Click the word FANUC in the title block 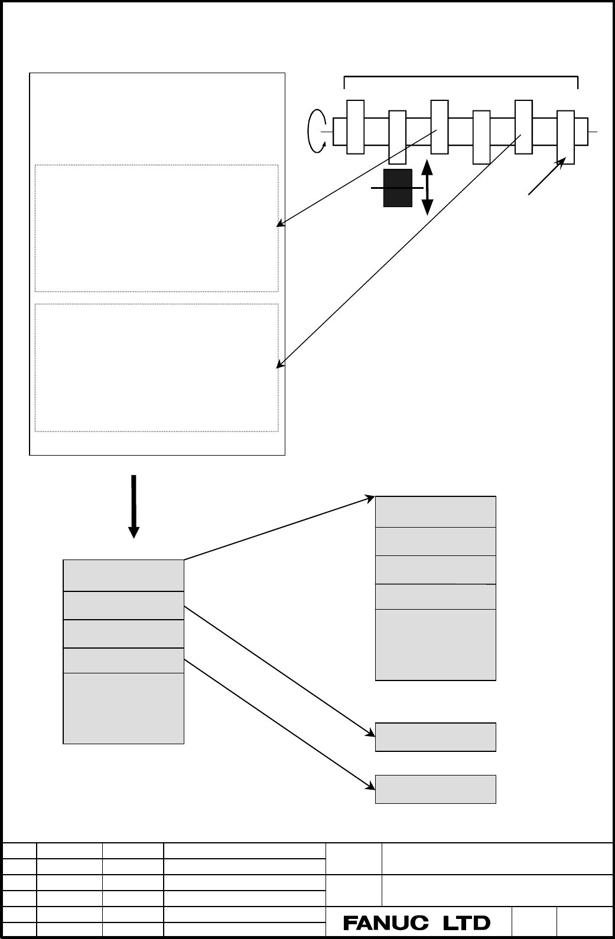point(386,923)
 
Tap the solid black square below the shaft point(398,188)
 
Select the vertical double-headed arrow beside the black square point(427,187)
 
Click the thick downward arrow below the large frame point(134,506)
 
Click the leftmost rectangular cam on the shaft point(355,127)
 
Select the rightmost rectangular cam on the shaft point(565,138)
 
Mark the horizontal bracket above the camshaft point(461,77)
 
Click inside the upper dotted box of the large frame point(157,228)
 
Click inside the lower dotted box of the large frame point(157,368)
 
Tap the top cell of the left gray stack point(123,575)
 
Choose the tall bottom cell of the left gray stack point(123,708)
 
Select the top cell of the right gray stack point(435,512)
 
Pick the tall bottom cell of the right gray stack point(435,644)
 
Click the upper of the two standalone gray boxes point(435,737)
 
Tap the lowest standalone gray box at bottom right point(435,789)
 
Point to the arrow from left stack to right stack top point(279,528)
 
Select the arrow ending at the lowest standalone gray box point(279,725)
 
